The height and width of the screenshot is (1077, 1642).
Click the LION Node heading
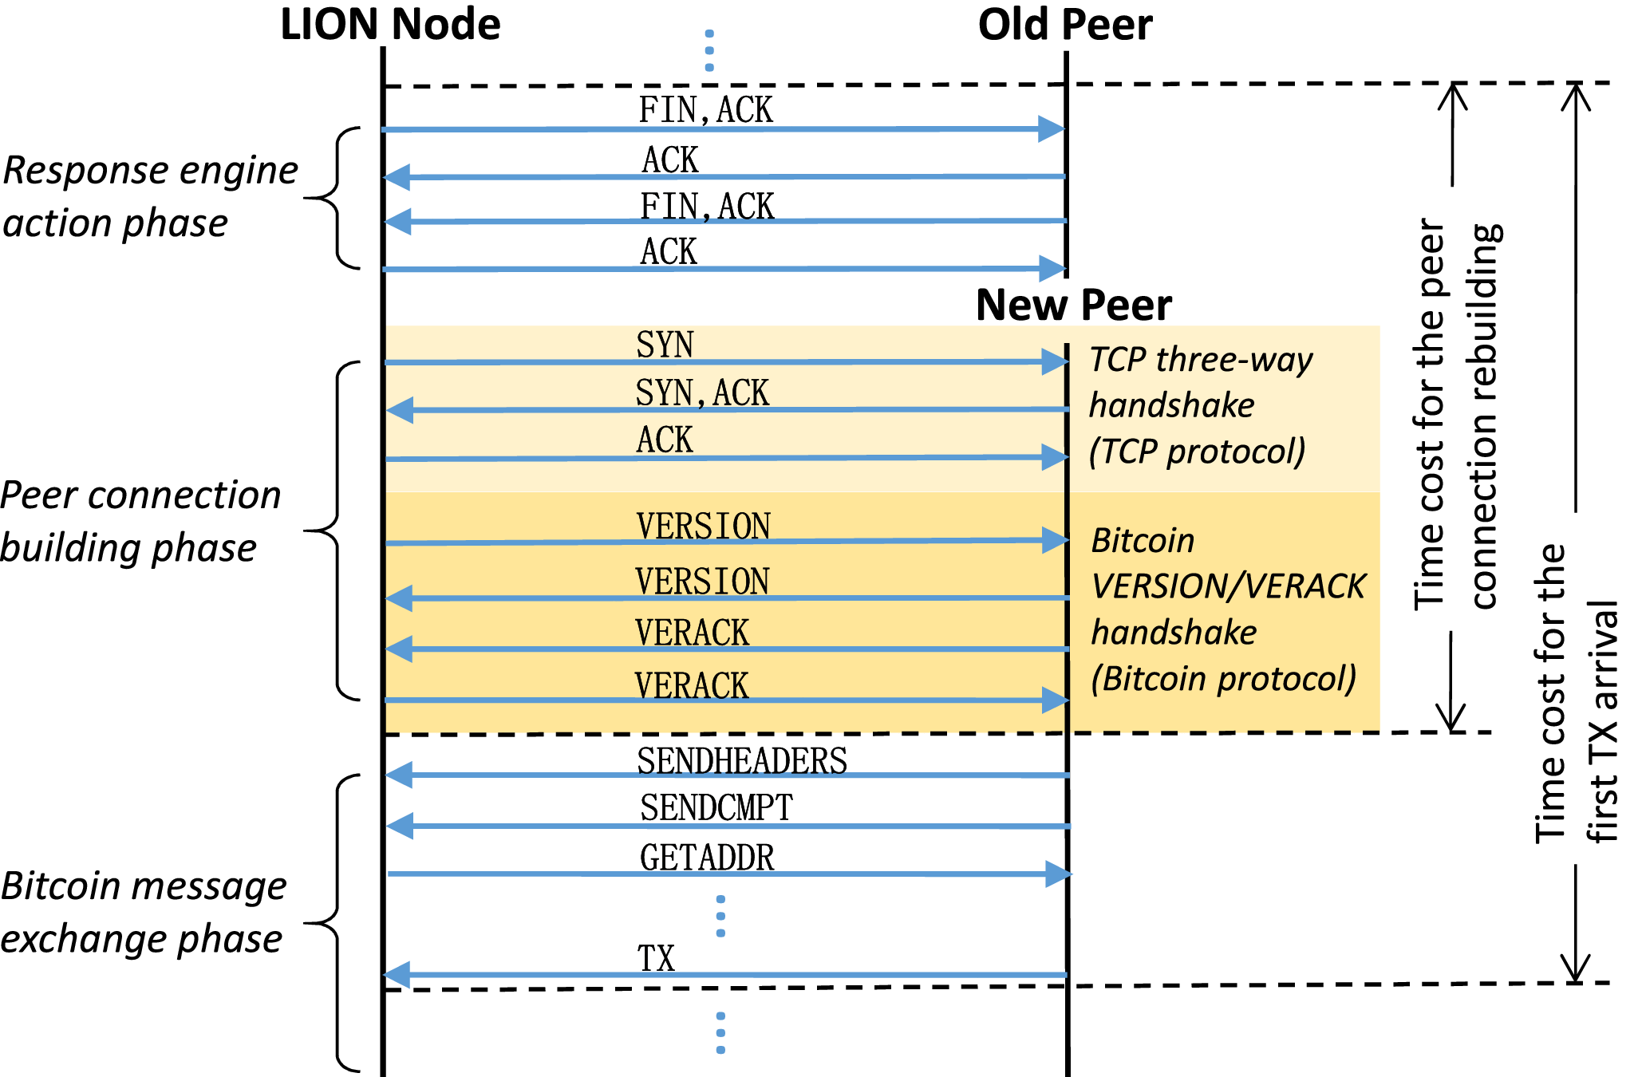pyautogui.click(x=390, y=25)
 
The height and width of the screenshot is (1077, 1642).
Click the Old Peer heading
pyautogui.click(x=1064, y=25)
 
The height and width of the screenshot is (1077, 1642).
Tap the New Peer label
pyautogui.click(x=1073, y=306)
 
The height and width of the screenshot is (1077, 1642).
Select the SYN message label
pyautogui.click(x=665, y=345)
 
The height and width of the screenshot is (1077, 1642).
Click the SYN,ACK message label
pyautogui.click(x=701, y=393)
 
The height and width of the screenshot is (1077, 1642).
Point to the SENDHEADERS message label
pyautogui.click(x=741, y=761)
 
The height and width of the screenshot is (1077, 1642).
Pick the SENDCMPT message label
pyautogui.click(x=716, y=808)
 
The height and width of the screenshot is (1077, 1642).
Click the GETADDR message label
pyautogui.click(x=707, y=858)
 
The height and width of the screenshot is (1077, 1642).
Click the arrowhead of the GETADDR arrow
pyautogui.click(x=1058, y=874)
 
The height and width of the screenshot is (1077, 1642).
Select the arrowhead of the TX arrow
pyautogui.click(x=397, y=975)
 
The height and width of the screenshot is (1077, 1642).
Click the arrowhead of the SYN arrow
pyautogui.click(x=1056, y=362)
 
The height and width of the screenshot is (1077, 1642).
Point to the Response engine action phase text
pyautogui.click(x=150, y=196)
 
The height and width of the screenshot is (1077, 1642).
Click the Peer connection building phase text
pyautogui.click(x=140, y=521)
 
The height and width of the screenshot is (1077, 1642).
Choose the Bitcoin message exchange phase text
pyautogui.click(x=144, y=912)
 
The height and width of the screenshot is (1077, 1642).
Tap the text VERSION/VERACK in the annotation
pyautogui.click(x=1228, y=586)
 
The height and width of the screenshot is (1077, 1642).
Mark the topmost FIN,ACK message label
pyautogui.click(x=705, y=110)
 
